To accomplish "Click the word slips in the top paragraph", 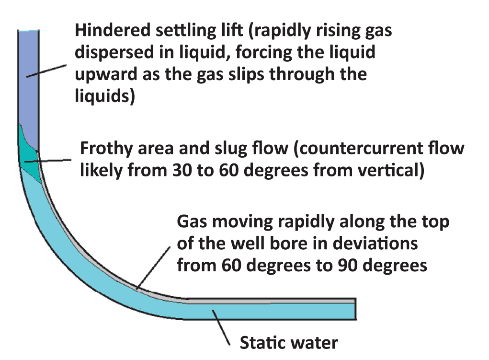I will tap(270, 74).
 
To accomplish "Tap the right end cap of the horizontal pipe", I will tap(355, 308).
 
